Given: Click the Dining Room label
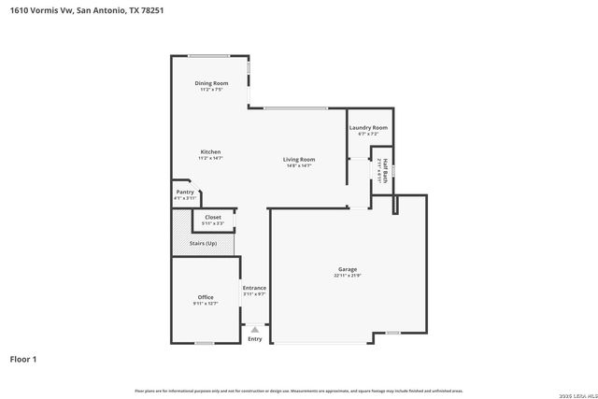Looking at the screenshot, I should (x=211, y=83).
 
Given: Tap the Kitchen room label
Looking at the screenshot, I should (x=210, y=151).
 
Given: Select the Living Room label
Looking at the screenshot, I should (x=299, y=159).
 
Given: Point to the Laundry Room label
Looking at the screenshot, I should (x=368, y=127).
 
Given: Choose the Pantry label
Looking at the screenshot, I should (x=185, y=192).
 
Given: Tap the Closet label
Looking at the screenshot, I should (x=213, y=217).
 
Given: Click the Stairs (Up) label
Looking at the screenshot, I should (x=203, y=243).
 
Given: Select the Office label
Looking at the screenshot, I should (x=206, y=297).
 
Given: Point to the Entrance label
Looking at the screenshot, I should (x=254, y=288).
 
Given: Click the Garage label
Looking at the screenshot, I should (x=348, y=269).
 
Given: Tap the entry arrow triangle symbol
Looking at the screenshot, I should (x=254, y=329).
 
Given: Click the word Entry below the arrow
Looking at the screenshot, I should (x=254, y=338).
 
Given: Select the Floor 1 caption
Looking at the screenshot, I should (x=24, y=359).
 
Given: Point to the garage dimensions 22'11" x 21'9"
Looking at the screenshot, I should (x=348, y=277).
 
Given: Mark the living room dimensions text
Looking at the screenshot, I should (x=299, y=165).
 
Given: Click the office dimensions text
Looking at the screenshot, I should (x=206, y=304).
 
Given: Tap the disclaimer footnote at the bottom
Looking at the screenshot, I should (x=299, y=390).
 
